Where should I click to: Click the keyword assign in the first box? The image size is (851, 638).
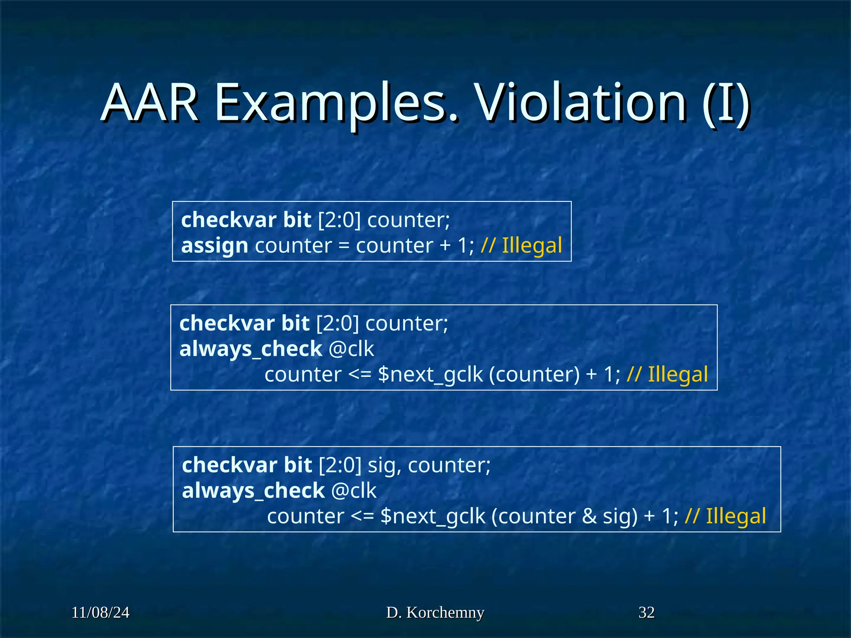[214, 246]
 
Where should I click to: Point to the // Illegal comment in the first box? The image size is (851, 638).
[521, 245]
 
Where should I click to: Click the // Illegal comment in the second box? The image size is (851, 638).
[667, 374]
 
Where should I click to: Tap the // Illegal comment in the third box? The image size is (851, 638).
[726, 516]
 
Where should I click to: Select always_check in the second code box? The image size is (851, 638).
[251, 349]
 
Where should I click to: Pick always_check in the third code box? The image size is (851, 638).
[253, 491]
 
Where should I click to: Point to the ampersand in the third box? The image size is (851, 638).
[589, 516]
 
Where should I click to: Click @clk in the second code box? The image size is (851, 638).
[351, 349]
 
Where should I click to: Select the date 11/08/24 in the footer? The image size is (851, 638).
[100, 613]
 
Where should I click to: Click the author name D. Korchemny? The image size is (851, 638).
[435, 613]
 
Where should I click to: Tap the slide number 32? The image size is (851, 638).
[647, 613]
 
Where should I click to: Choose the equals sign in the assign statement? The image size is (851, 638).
[344, 246]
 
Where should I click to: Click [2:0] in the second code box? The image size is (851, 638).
[337, 323]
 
